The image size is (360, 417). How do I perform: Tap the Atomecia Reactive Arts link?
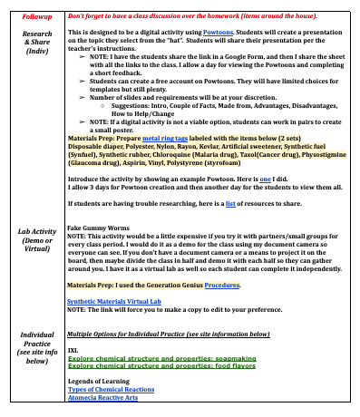[x=103, y=398]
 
